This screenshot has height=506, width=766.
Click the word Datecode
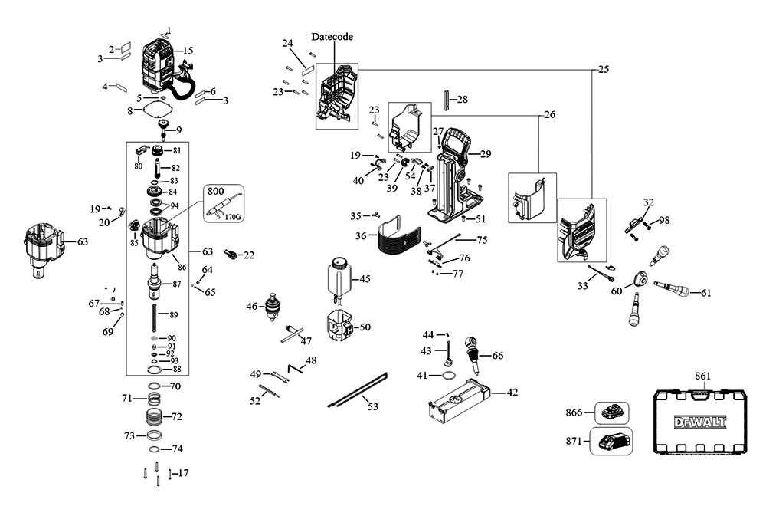coord(332,37)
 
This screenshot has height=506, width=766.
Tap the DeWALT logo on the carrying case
coord(700,422)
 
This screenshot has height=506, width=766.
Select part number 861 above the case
coord(702,376)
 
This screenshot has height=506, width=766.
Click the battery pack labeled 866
coord(612,412)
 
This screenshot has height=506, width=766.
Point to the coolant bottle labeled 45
coord(338,278)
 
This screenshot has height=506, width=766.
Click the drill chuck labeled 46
coord(272,307)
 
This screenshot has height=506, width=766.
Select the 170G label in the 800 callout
coord(233,216)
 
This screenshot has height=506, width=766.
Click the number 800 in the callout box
coord(215,191)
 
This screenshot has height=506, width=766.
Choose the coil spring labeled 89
coord(155,317)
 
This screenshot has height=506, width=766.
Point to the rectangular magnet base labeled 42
coord(459,402)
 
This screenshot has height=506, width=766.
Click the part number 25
coord(604,70)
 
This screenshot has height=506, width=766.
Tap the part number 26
coord(550,115)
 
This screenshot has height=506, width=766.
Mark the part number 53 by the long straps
coord(373,407)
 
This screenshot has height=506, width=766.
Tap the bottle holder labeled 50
coord(339,326)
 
